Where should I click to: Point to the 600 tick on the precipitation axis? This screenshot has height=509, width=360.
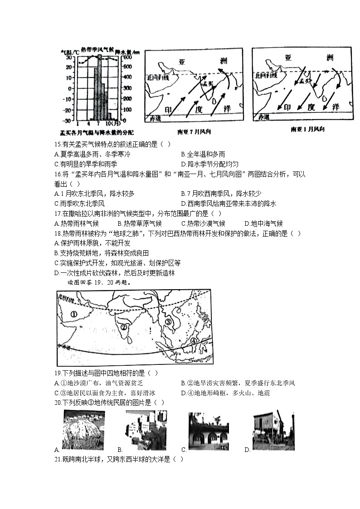[x=126, y=58]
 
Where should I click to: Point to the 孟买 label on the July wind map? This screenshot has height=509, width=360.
[x=209, y=84]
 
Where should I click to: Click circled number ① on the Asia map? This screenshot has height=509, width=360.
[x=73, y=313]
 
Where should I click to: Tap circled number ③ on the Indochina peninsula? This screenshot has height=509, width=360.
[x=169, y=322]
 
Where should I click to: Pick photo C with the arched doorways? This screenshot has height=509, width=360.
[x=209, y=431]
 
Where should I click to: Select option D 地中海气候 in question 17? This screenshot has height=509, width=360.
[x=263, y=223]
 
